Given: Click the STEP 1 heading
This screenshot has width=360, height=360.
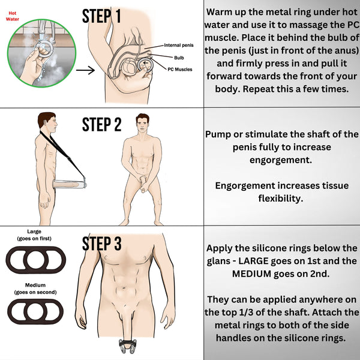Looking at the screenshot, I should [x=101, y=16].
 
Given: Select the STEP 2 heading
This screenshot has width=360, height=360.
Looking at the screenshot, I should [x=101, y=125].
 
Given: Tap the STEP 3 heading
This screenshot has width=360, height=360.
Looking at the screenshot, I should [x=101, y=244].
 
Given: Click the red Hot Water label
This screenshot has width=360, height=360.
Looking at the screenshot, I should [x=13, y=16].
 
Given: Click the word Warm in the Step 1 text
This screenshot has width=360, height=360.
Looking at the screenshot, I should [x=223, y=12].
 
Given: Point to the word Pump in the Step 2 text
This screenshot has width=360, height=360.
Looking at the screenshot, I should [x=221, y=134].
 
